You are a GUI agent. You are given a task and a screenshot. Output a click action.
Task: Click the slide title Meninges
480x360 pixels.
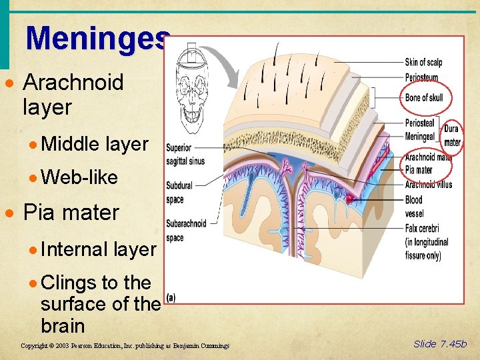98,38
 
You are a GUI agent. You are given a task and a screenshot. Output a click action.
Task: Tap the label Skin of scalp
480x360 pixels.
423,63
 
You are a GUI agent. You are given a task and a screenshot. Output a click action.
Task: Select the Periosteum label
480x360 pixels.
421,78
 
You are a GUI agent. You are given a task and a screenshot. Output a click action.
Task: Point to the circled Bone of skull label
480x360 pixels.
424,98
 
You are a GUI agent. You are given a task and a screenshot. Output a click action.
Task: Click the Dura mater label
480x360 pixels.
452,135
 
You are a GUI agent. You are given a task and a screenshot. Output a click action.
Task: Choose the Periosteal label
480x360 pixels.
419,123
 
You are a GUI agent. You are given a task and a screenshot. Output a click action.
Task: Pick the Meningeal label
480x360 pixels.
420,137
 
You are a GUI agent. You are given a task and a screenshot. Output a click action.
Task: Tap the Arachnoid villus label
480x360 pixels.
428,185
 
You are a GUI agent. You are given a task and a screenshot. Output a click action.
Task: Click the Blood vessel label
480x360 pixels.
414,206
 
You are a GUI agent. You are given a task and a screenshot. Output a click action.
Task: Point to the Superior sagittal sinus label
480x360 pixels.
185,154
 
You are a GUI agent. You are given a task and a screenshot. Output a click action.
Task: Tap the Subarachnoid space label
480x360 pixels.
186,230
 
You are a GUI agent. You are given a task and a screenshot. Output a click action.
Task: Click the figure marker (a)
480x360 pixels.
171,297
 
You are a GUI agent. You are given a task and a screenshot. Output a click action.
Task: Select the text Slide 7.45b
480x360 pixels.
440,344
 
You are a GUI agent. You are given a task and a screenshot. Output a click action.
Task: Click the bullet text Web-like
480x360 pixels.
79,178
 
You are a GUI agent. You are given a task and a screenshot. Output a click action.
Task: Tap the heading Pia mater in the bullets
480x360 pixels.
71,213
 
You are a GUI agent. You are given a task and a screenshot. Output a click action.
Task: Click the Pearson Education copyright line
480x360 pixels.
125,346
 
